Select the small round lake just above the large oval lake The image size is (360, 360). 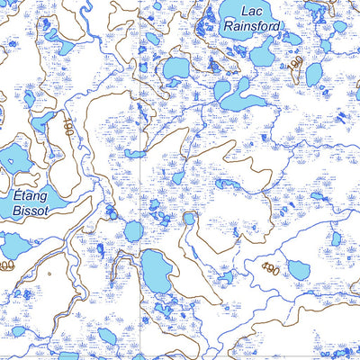pos(132,231)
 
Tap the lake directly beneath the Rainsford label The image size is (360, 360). pos(263,56)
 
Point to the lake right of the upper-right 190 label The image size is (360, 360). pos(314,74)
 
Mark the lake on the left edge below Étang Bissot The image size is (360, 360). pos(13,245)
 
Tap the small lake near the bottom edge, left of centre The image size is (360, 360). pos(106,336)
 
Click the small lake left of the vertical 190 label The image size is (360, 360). pos(40,121)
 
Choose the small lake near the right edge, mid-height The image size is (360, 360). pos(335,239)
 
